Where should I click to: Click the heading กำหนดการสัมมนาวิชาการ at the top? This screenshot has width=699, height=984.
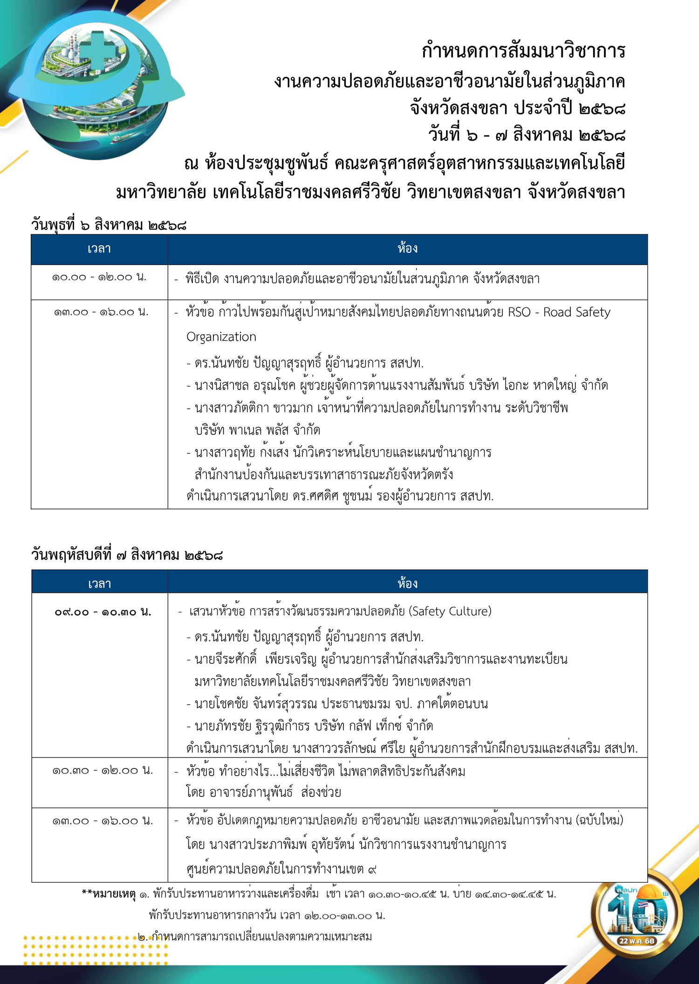523,51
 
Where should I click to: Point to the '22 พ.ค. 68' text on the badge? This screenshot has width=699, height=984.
637,941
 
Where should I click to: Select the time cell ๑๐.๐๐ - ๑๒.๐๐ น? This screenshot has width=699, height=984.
99,277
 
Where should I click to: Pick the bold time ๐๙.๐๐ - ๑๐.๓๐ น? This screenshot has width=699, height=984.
103,611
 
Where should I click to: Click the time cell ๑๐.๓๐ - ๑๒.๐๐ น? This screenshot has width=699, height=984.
103,771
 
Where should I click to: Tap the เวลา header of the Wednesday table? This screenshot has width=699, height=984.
99,249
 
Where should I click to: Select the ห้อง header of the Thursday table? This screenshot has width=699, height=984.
407,583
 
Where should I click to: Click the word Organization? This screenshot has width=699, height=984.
221,337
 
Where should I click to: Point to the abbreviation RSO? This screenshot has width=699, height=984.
519,312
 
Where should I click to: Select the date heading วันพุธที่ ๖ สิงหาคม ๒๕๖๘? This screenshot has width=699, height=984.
109,225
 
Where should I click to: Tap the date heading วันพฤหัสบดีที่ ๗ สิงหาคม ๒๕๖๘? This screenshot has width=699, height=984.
127,555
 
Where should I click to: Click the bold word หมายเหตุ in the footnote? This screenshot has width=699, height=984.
114,894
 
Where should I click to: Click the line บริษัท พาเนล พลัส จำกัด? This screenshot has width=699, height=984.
257,430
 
